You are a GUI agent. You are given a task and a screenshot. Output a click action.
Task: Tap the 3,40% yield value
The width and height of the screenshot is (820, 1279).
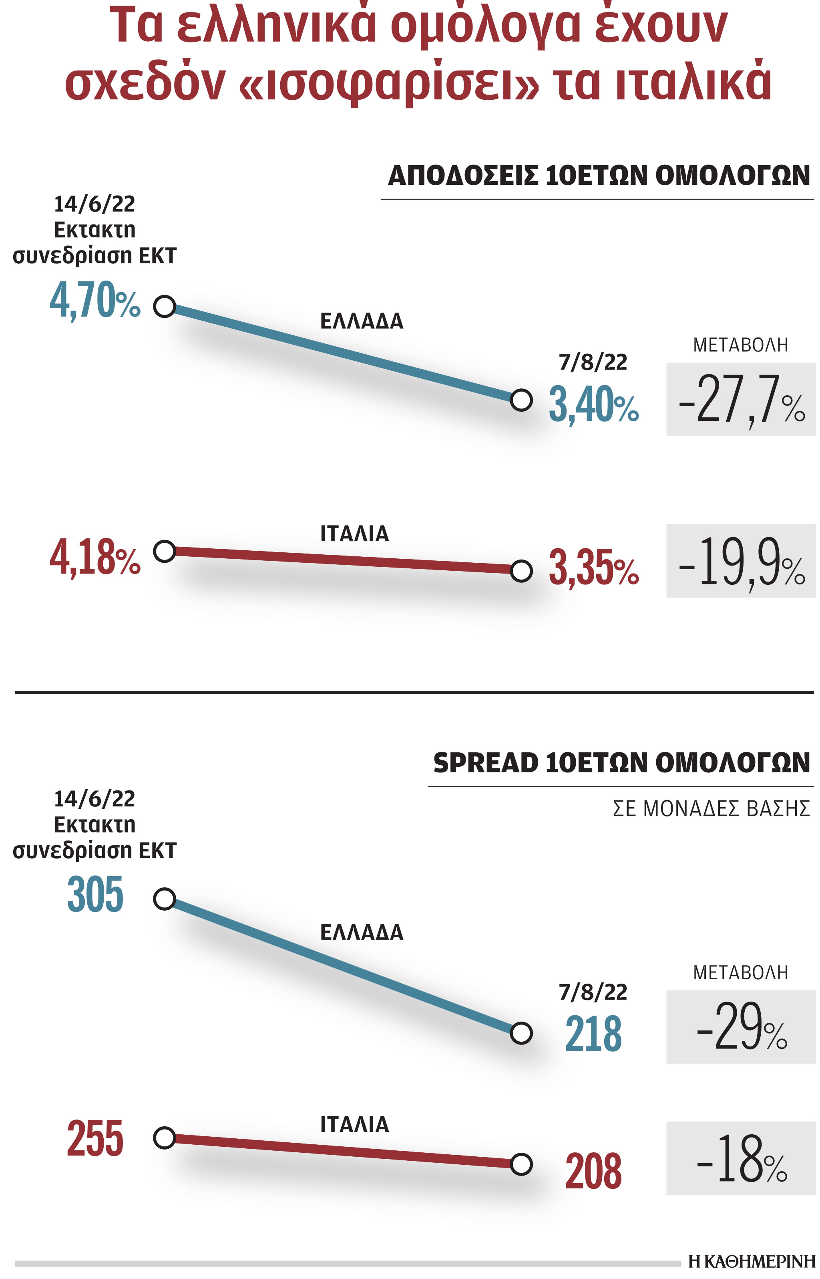(x=593, y=404)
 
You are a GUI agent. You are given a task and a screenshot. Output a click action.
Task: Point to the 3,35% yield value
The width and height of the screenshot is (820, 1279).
(x=593, y=568)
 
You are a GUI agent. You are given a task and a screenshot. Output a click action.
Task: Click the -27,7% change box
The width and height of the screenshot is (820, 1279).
(x=741, y=399)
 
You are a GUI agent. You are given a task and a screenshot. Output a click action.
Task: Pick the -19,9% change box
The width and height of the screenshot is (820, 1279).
(x=741, y=561)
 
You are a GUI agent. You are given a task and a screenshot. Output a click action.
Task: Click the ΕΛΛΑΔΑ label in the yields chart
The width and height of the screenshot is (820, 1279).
(x=362, y=321)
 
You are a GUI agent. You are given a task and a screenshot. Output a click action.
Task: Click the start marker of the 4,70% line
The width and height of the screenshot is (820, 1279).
(x=165, y=307)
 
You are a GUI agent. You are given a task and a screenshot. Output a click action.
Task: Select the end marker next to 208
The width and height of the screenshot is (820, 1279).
(x=521, y=1164)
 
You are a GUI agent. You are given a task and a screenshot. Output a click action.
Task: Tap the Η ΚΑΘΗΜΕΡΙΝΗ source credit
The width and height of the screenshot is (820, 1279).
(x=751, y=1261)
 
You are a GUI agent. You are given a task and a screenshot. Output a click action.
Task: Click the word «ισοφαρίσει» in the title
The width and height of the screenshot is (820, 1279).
(x=389, y=84)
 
